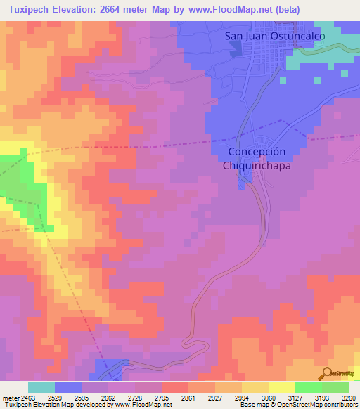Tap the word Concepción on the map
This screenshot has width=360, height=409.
[x=257, y=152]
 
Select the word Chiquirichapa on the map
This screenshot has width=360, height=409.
[x=257, y=166]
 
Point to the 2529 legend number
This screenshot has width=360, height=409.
[x=63, y=397]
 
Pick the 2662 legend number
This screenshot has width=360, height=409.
[x=117, y=397]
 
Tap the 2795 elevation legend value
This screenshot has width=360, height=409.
[x=170, y=397]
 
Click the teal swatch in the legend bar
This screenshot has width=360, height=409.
[x=41, y=387]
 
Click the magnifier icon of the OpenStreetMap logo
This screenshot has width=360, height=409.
[x=326, y=374]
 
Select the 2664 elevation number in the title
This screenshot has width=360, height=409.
[x=117, y=10]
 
